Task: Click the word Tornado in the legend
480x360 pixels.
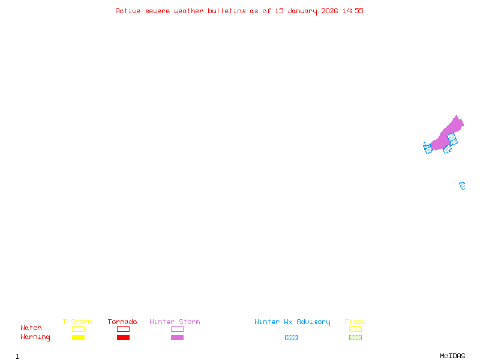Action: tap(122, 322)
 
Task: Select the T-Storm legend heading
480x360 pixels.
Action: tap(77, 322)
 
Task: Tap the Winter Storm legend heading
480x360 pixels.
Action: tap(175, 322)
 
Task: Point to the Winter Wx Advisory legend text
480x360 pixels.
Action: tap(292, 322)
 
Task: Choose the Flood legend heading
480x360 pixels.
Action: tap(355, 322)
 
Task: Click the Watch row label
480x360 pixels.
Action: tap(31, 328)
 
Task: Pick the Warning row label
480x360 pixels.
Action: tap(35, 337)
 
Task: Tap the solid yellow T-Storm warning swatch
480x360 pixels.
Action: tap(79, 338)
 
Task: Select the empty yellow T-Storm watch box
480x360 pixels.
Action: tap(79, 329)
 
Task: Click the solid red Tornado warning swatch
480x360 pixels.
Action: tap(124, 338)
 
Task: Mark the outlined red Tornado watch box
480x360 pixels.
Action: tap(124, 329)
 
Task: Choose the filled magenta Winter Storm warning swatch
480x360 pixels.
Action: tap(177, 338)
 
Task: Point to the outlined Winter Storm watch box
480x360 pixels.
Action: tap(177, 329)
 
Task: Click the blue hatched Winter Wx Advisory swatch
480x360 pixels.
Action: tap(291, 338)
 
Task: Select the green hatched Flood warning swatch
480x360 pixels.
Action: tap(355, 338)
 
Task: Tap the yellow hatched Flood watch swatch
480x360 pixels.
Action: tap(355, 329)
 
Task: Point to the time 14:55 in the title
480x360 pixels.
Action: tap(353, 11)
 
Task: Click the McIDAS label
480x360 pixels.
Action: tap(452, 356)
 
